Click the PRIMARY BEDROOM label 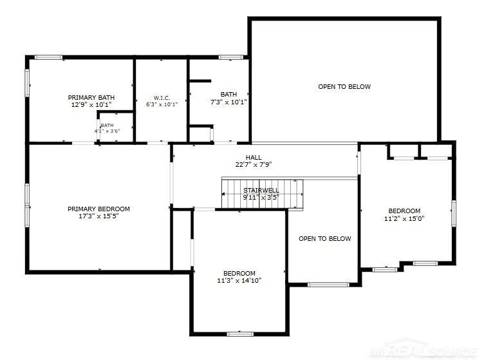pyautogui.click(x=98, y=209)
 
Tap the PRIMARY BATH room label pyautogui.click(x=91, y=97)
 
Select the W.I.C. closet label pyautogui.click(x=162, y=98)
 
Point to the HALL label pyautogui.click(x=254, y=158)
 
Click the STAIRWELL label pyautogui.click(x=261, y=191)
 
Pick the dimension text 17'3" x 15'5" pyautogui.click(x=98, y=216)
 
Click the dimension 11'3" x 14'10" pyautogui.click(x=239, y=281)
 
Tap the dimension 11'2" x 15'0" pyautogui.click(x=404, y=218)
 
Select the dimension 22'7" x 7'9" pyautogui.click(x=254, y=165)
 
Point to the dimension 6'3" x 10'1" pyautogui.click(x=162, y=104)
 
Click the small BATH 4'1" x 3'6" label pyautogui.click(x=107, y=128)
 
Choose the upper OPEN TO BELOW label pyautogui.click(x=344, y=86)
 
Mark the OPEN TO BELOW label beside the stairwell pyautogui.click(x=325, y=238)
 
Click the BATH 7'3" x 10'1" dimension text pyautogui.click(x=229, y=102)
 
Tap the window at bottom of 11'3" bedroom pyautogui.click(x=240, y=334)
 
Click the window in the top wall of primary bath pyautogui.click(x=48, y=57)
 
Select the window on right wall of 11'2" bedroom pyautogui.click(x=453, y=213)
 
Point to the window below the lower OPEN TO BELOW pyautogui.click(x=328, y=285)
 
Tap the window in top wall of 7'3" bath pyautogui.click(x=230, y=57)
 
